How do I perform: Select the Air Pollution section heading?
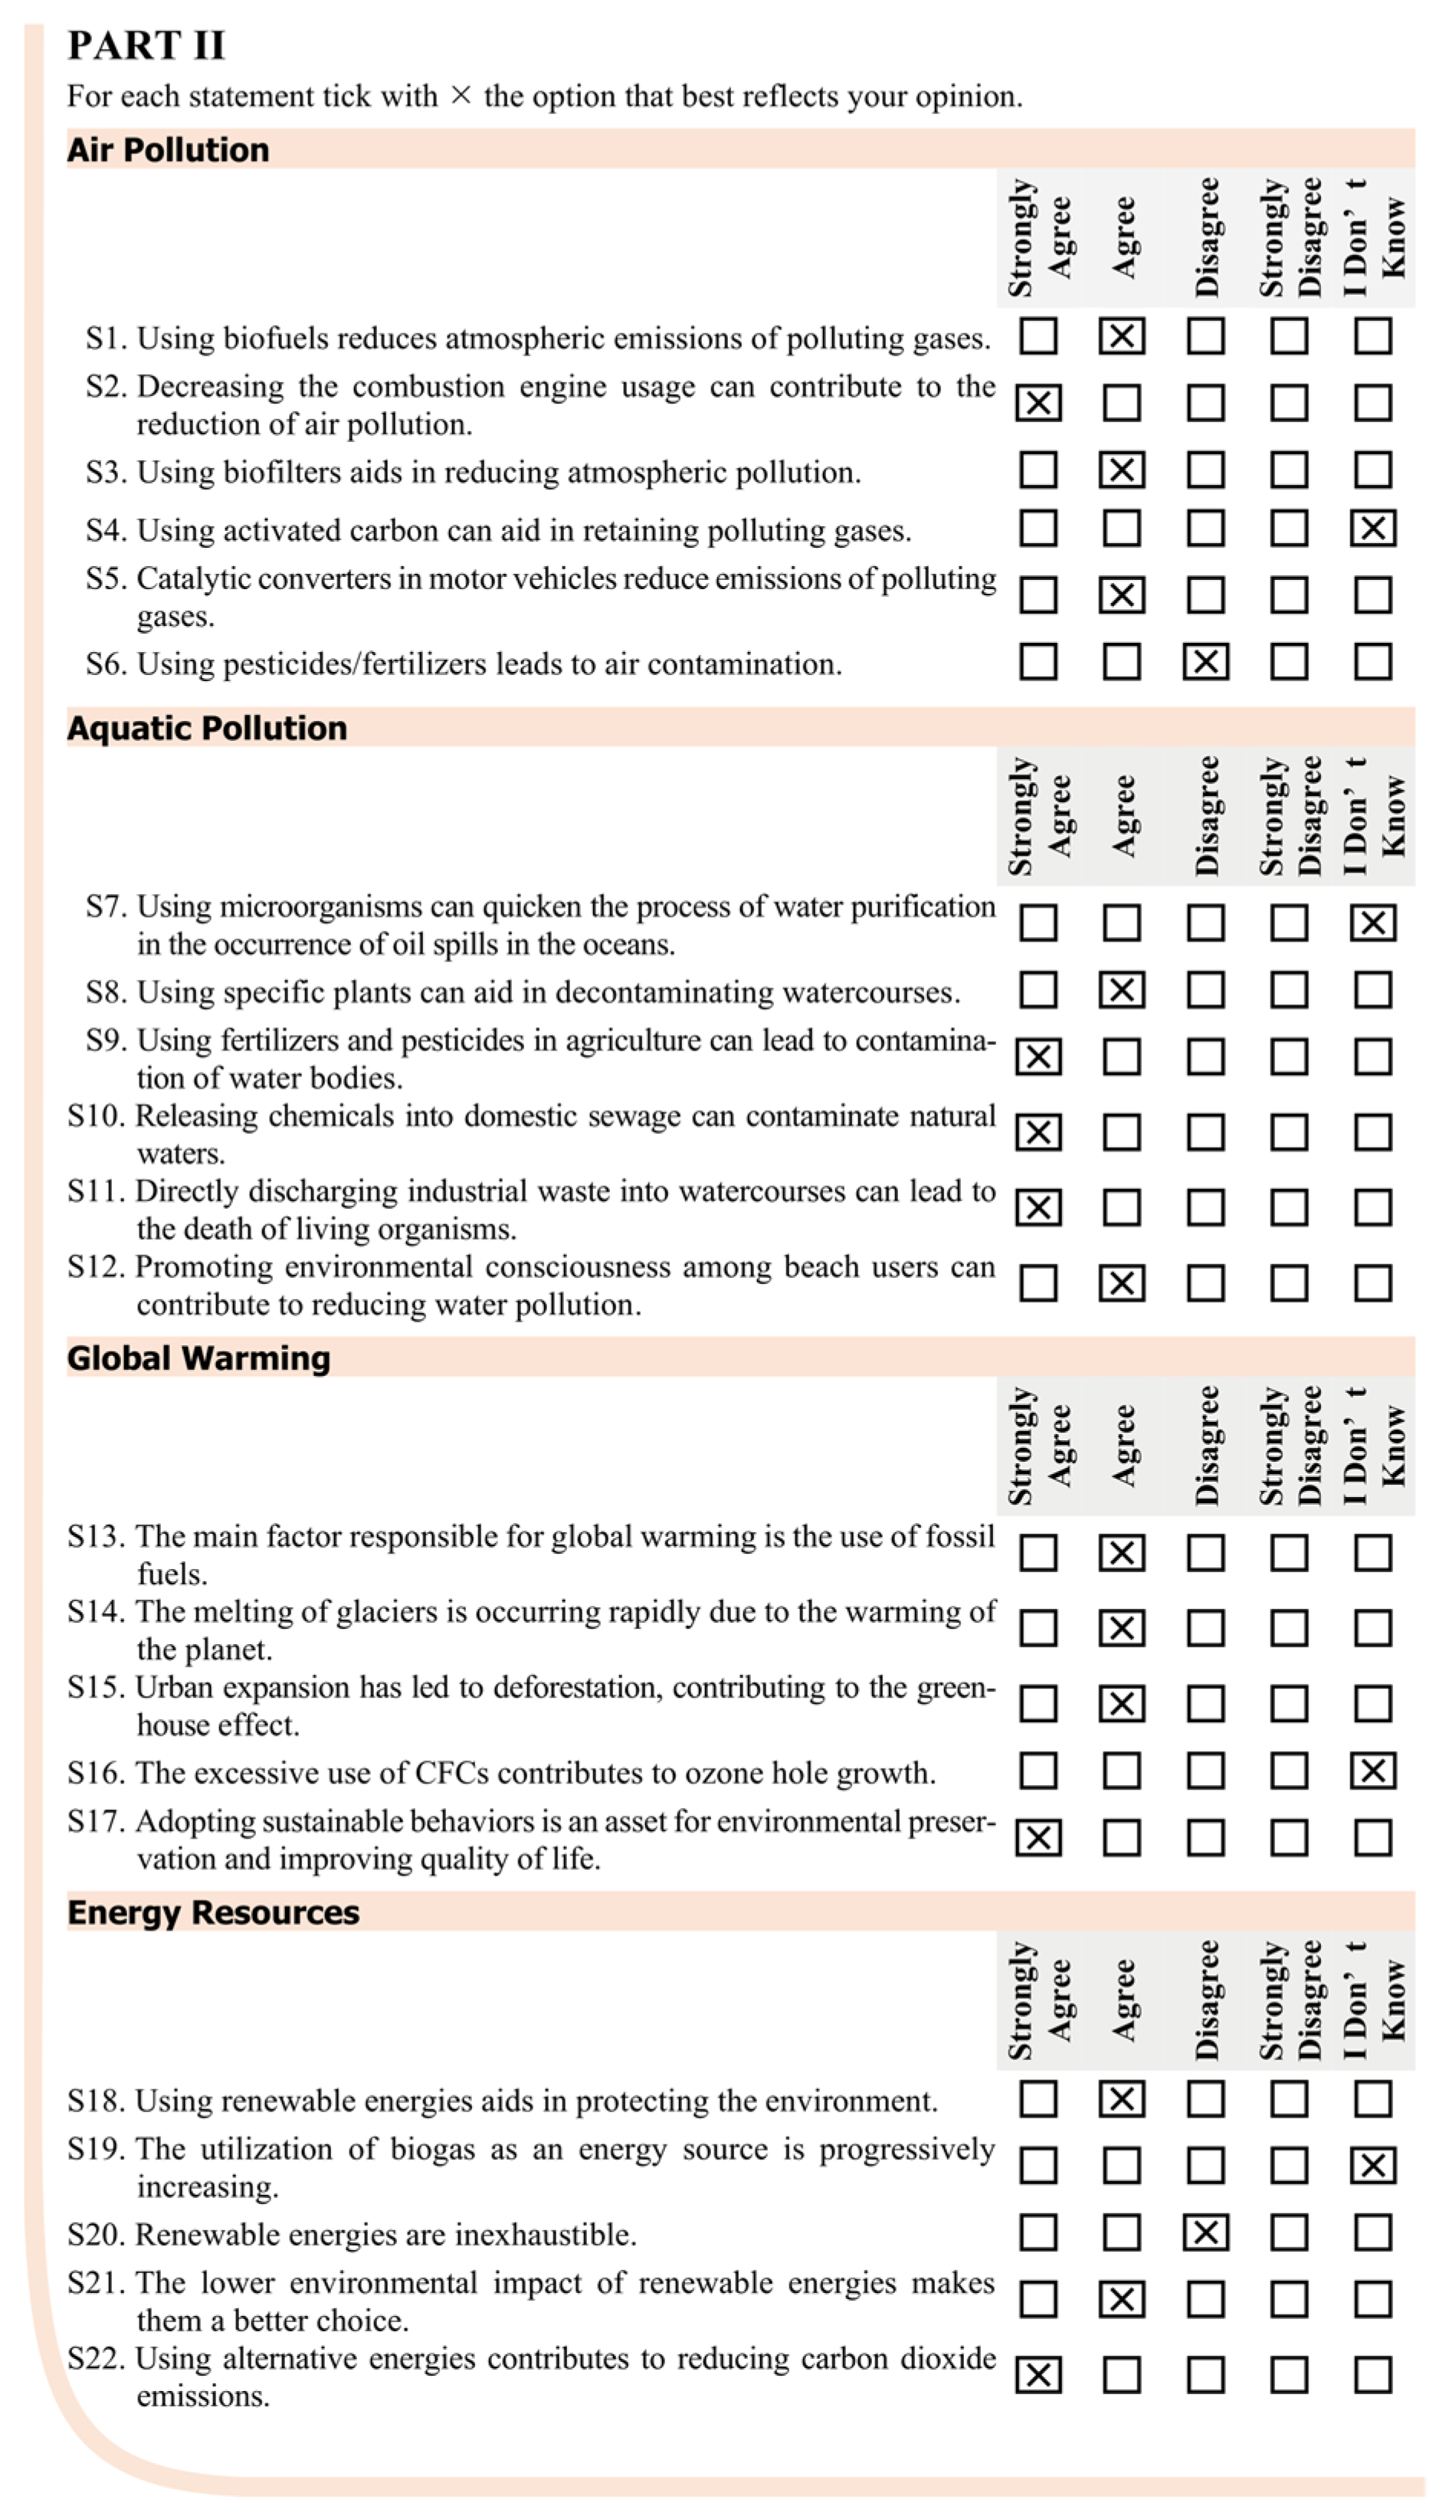[168, 149]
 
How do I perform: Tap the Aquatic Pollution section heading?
[207, 729]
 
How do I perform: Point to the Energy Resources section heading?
[213, 1912]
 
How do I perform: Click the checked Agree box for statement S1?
[1122, 336]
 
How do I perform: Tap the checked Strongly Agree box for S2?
[1038, 403]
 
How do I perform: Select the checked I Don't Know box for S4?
[1372, 529]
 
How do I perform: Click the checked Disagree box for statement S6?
[1205, 662]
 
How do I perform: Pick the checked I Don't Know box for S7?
[1372, 923]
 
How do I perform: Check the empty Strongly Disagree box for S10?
[1289, 1132]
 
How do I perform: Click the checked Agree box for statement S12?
[1122, 1283]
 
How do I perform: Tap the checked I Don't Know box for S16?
[1372, 1771]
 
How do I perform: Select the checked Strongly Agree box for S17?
[1038, 1837]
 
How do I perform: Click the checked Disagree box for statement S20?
[1205, 2233]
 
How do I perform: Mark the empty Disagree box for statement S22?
[1205, 2375]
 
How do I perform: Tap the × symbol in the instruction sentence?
[460, 96]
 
